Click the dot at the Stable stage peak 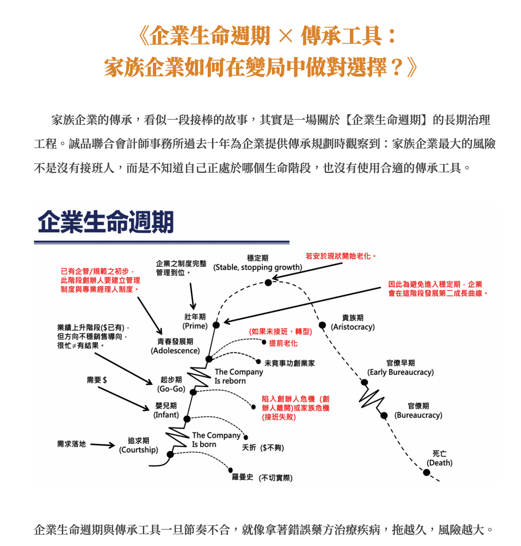pos(268,283)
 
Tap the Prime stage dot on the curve pos(216,325)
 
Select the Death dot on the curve pos(426,473)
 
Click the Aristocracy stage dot pos(323,325)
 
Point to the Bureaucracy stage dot pos(384,415)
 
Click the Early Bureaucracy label pos(401,368)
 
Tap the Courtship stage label pos(139,445)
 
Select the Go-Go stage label pos(171,384)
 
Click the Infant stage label pos(166,410)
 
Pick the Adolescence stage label pos(175,346)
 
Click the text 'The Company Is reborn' pos(239,377)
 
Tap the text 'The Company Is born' pos(216,440)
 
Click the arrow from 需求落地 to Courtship pos(102,445)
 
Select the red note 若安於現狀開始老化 pos(341,257)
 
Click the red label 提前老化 pos(283,343)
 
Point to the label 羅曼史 pos(243,477)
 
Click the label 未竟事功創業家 pos(289,363)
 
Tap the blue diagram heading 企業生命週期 pos(105,222)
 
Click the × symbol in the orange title pos(286,36)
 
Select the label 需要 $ pos(97,380)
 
